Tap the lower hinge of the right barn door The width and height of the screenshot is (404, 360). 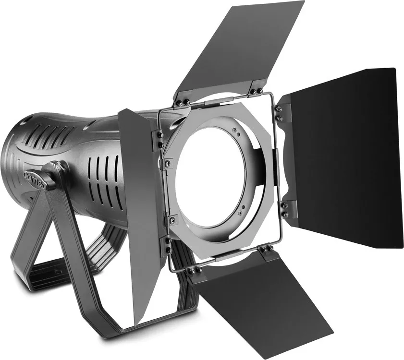point(285,209)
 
